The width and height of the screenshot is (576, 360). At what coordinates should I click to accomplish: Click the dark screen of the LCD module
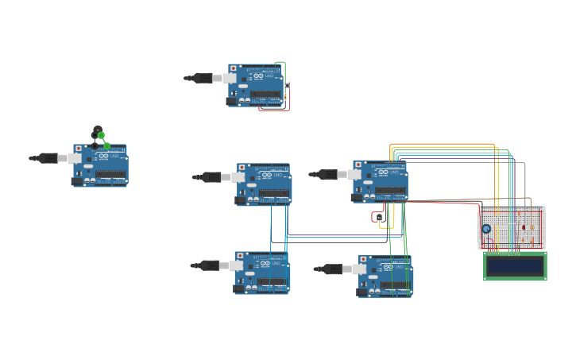point(515,265)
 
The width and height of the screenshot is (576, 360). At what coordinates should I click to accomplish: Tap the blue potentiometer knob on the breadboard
point(486,229)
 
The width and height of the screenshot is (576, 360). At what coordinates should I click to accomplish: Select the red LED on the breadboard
point(524,227)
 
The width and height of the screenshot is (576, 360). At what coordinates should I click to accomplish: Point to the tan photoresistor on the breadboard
point(533,228)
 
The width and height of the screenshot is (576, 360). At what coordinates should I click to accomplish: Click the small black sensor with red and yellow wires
point(379,217)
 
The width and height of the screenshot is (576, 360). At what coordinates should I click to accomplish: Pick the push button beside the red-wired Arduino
point(287,85)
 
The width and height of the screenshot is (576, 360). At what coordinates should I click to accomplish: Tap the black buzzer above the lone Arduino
point(98,130)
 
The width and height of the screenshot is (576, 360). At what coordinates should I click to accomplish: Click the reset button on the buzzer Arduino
point(77,148)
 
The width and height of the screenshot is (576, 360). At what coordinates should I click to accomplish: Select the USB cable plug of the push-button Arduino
point(203,78)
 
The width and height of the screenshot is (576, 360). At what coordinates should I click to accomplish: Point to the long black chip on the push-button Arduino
point(265,94)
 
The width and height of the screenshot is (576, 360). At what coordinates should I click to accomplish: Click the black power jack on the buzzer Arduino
point(77,181)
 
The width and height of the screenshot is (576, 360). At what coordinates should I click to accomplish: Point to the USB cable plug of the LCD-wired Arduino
point(328,174)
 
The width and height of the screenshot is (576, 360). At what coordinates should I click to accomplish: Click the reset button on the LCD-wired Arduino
point(357,164)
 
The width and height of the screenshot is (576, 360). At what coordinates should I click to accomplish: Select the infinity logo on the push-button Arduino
point(258,76)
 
